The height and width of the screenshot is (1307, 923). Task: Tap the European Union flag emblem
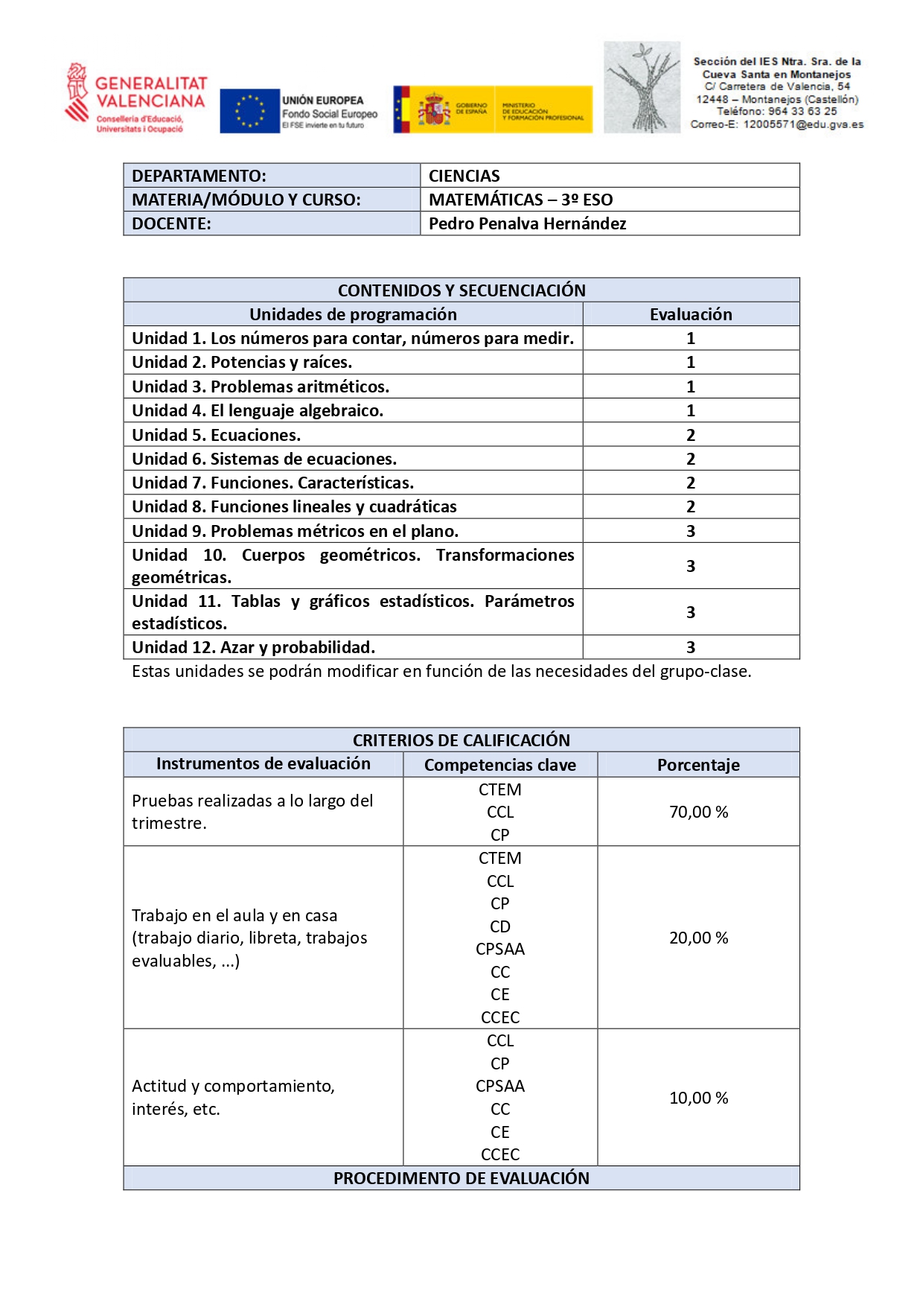(x=249, y=111)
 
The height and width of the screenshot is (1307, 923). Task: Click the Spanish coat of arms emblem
(x=433, y=109)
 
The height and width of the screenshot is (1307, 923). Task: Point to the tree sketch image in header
(x=642, y=88)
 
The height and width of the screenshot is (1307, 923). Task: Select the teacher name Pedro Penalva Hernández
(x=527, y=223)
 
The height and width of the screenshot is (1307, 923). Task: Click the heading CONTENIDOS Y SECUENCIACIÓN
(x=461, y=290)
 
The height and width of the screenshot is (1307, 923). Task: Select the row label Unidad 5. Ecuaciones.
(x=216, y=435)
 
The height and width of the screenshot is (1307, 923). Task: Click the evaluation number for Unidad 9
(x=690, y=531)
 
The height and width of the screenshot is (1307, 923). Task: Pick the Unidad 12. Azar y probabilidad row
(x=253, y=647)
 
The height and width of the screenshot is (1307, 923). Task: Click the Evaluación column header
(x=690, y=314)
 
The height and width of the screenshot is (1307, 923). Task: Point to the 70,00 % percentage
(x=698, y=812)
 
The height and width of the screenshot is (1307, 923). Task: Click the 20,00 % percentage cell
(x=698, y=938)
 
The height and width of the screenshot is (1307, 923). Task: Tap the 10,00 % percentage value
(x=698, y=1098)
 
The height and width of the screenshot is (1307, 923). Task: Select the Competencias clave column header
(x=499, y=765)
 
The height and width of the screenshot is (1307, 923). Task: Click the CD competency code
(x=499, y=926)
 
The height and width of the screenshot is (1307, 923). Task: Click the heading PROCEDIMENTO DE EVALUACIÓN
(x=461, y=1178)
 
